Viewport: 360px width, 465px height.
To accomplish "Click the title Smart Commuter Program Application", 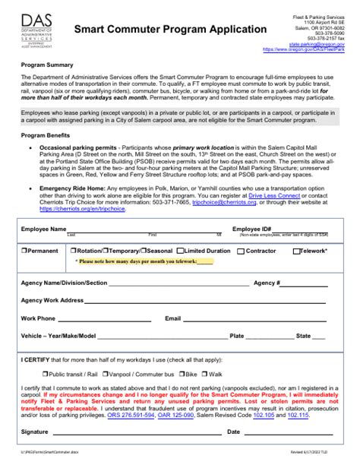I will pyautogui.click(x=170, y=29).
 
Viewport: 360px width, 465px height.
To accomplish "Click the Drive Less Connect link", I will pyautogui.click(x=261, y=195).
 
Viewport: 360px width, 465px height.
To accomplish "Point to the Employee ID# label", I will pyautogui.click(x=251, y=229).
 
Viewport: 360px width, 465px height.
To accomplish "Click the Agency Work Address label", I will pyautogui.click(x=52, y=300).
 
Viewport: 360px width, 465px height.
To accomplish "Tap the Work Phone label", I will pyautogui.click(x=38, y=318).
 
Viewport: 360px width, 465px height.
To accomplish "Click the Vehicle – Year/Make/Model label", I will pyautogui.click(x=58, y=335).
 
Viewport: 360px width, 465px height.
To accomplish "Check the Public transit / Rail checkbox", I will pyautogui.click(x=44, y=374).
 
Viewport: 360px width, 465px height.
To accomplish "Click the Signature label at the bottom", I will pyautogui.click(x=35, y=432).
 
